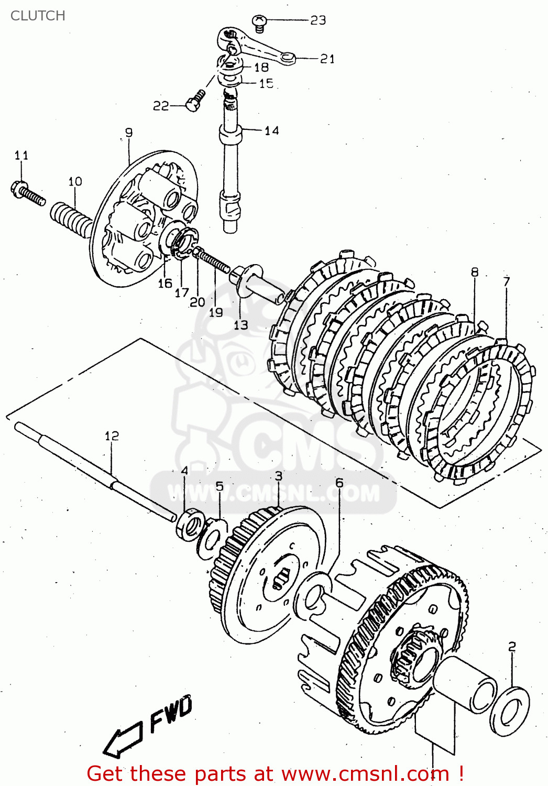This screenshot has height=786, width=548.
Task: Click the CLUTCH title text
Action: pyautogui.click(x=38, y=16)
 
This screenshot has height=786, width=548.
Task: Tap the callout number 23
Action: pyautogui.click(x=318, y=20)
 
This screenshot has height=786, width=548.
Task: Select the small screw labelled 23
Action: pyautogui.click(x=259, y=22)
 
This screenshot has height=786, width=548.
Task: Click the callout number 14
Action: pyautogui.click(x=271, y=130)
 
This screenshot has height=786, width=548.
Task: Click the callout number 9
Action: pyautogui.click(x=129, y=133)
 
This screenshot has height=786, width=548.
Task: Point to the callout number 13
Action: pyautogui.click(x=240, y=325)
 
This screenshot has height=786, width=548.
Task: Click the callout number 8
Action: pyautogui.click(x=475, y=272)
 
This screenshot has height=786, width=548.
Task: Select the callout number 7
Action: pyautogui.click(x=506, y=281)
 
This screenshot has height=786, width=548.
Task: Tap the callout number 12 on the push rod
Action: pyautogui.click(x=112, y=436)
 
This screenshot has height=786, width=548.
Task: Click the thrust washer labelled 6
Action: pyautogui.click(x=313, y=597)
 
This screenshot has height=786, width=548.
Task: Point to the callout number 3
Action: pyautogui.click(x=278, y=476)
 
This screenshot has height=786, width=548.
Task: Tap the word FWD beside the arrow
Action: pyautogui.click(x=171, y=714)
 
